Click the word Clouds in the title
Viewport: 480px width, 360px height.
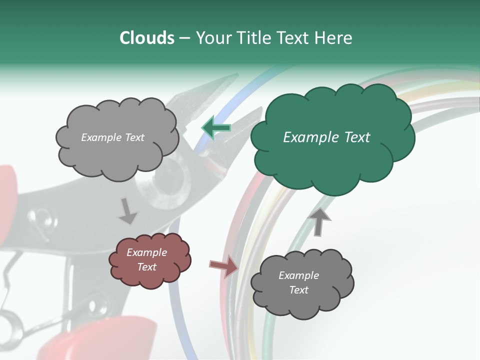[146, 38]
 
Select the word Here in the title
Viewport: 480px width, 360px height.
[333, 38]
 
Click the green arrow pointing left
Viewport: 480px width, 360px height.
[216, 127]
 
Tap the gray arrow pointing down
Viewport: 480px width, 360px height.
[128, 211]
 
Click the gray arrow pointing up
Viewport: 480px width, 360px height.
[319, 221]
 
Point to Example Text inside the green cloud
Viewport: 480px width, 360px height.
[326, 137]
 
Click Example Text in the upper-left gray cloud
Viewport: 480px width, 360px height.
[112, 137]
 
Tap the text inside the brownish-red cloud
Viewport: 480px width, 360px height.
[146, 259]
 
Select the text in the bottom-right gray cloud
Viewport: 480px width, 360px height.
[298, 282]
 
